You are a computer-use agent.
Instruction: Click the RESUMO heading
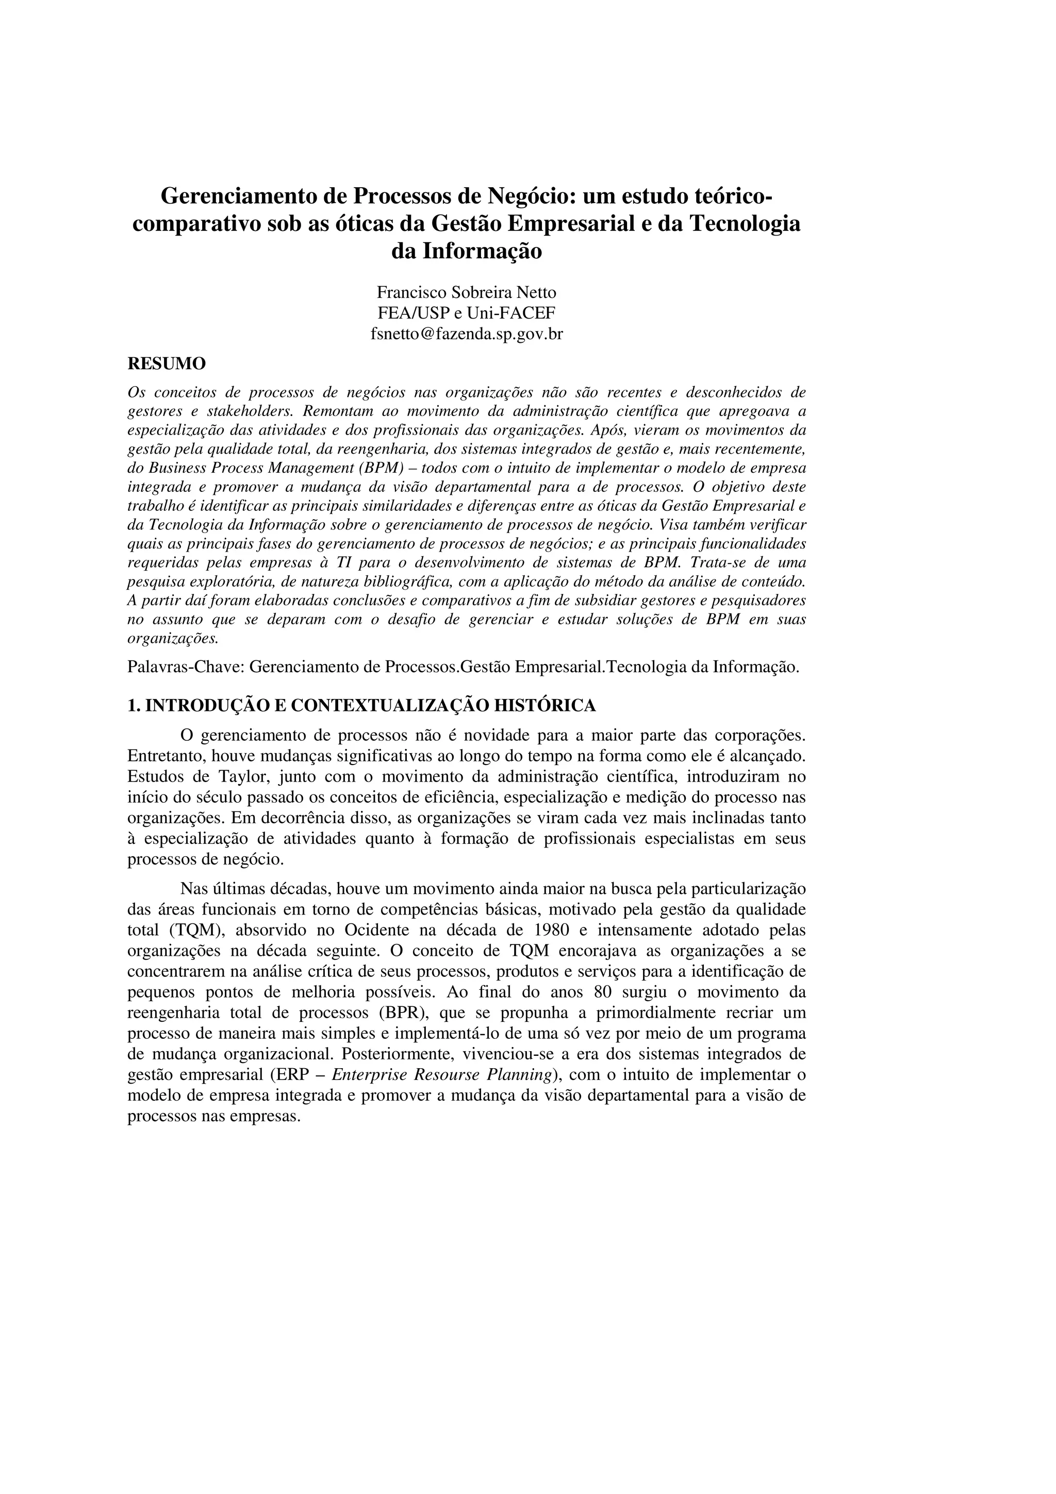tap(167, 364)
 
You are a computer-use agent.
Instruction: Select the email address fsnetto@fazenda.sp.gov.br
tap(467, 335)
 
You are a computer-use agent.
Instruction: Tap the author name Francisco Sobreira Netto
tap(467, 293)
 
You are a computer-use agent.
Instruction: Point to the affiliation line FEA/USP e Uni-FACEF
tap(467, 313)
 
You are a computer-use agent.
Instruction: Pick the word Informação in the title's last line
tap(482, 251)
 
